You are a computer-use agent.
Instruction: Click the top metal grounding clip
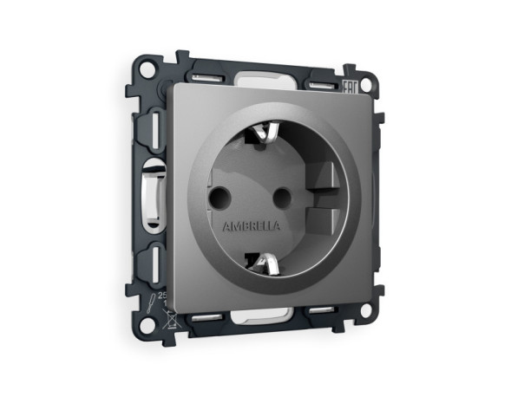coord(263,134)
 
